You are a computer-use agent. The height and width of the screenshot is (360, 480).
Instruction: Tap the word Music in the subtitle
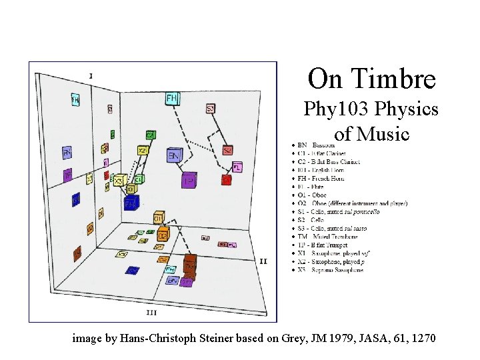tap(382, 134)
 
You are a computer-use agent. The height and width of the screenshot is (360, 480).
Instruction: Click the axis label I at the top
tap(91, 75)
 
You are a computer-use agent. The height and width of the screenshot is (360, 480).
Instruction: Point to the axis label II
tap(263, 261)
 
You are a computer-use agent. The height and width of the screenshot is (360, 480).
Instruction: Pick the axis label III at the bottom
tap(151, 312)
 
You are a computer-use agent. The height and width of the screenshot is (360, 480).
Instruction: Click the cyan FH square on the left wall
tap(75, 99)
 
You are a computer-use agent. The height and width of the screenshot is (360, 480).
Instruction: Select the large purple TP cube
tap(189, 179)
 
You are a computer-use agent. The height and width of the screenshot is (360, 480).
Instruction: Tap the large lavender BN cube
tap(174, 156)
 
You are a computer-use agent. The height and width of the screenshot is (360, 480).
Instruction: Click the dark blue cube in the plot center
tap(131, 201)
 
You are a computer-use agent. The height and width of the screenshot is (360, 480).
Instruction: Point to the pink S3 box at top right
tap(210, 108)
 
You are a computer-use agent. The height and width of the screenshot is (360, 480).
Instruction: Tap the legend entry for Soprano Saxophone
tap(330, 270)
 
